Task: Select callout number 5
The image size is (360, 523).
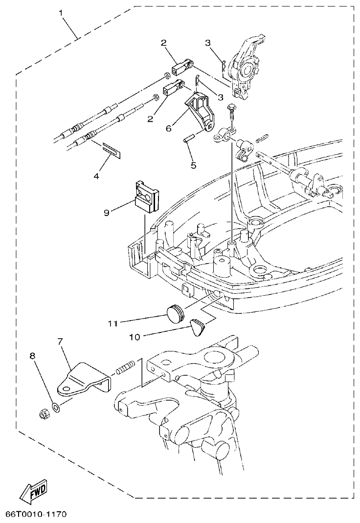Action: tap(194, 165)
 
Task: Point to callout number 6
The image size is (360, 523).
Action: tap(169, 128)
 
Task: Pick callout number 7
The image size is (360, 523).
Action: tap(60, 341)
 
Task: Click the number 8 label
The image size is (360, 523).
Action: tap(33, 356)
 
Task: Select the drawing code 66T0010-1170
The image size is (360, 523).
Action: tap(36, 515)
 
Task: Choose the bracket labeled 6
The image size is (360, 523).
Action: tap(200, 110)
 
